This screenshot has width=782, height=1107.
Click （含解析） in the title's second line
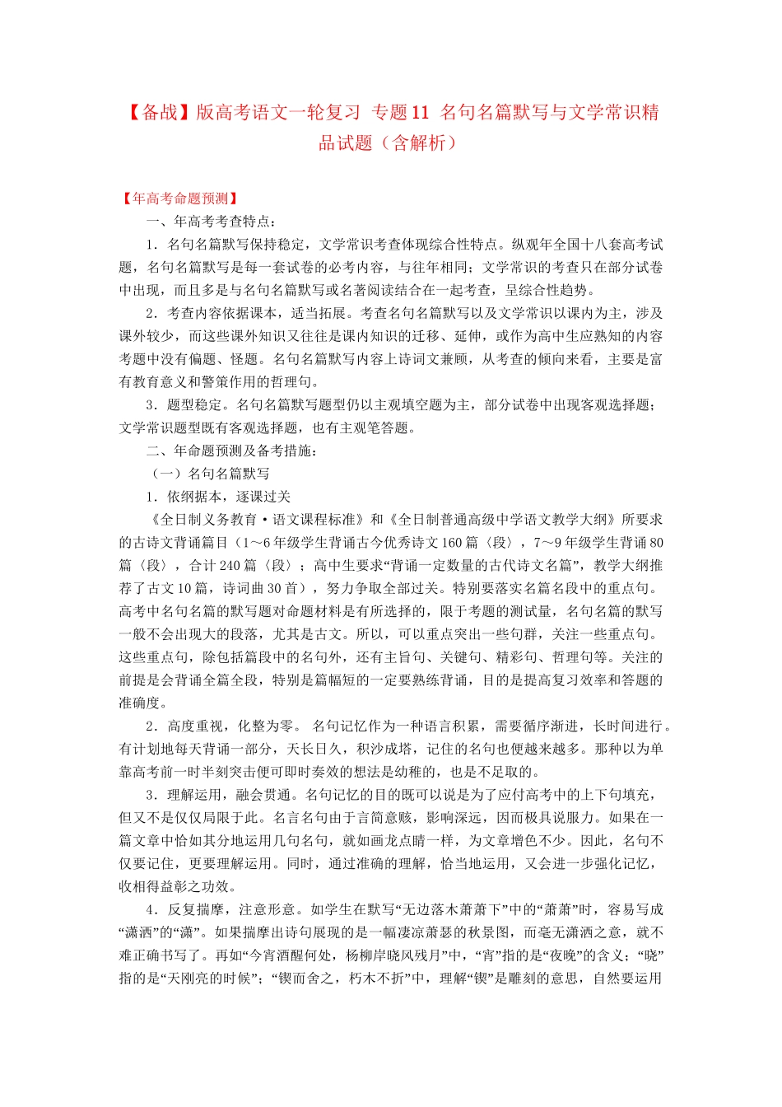[x=420, y=143]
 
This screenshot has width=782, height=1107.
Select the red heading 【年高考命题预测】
[x=180, y=199]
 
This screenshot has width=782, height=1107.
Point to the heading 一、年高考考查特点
[x=211, y=222]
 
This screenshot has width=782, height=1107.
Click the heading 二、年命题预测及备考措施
[x=231, y=451]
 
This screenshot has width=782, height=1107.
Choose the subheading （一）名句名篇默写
[x=211, y=474]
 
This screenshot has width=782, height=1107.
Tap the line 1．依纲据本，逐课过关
[x=218, y=497]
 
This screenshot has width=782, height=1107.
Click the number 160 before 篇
[x=452, y=543]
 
